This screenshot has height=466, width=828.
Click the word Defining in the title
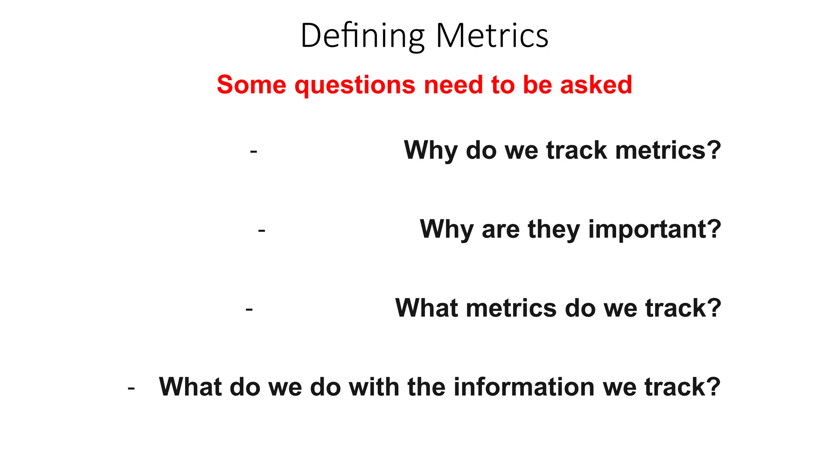(x=362, y=36)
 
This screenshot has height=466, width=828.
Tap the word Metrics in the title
(x=492, y=36)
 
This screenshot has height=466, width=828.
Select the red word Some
(x=251, y=85)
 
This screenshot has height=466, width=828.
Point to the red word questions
(x=355, y=85)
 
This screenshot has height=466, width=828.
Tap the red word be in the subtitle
(x=537, y=85)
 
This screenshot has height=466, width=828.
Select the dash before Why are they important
(x=262, y=231)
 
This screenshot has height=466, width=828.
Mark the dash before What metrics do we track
(x=249, y=309)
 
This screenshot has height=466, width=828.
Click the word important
(x=646, y=229)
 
